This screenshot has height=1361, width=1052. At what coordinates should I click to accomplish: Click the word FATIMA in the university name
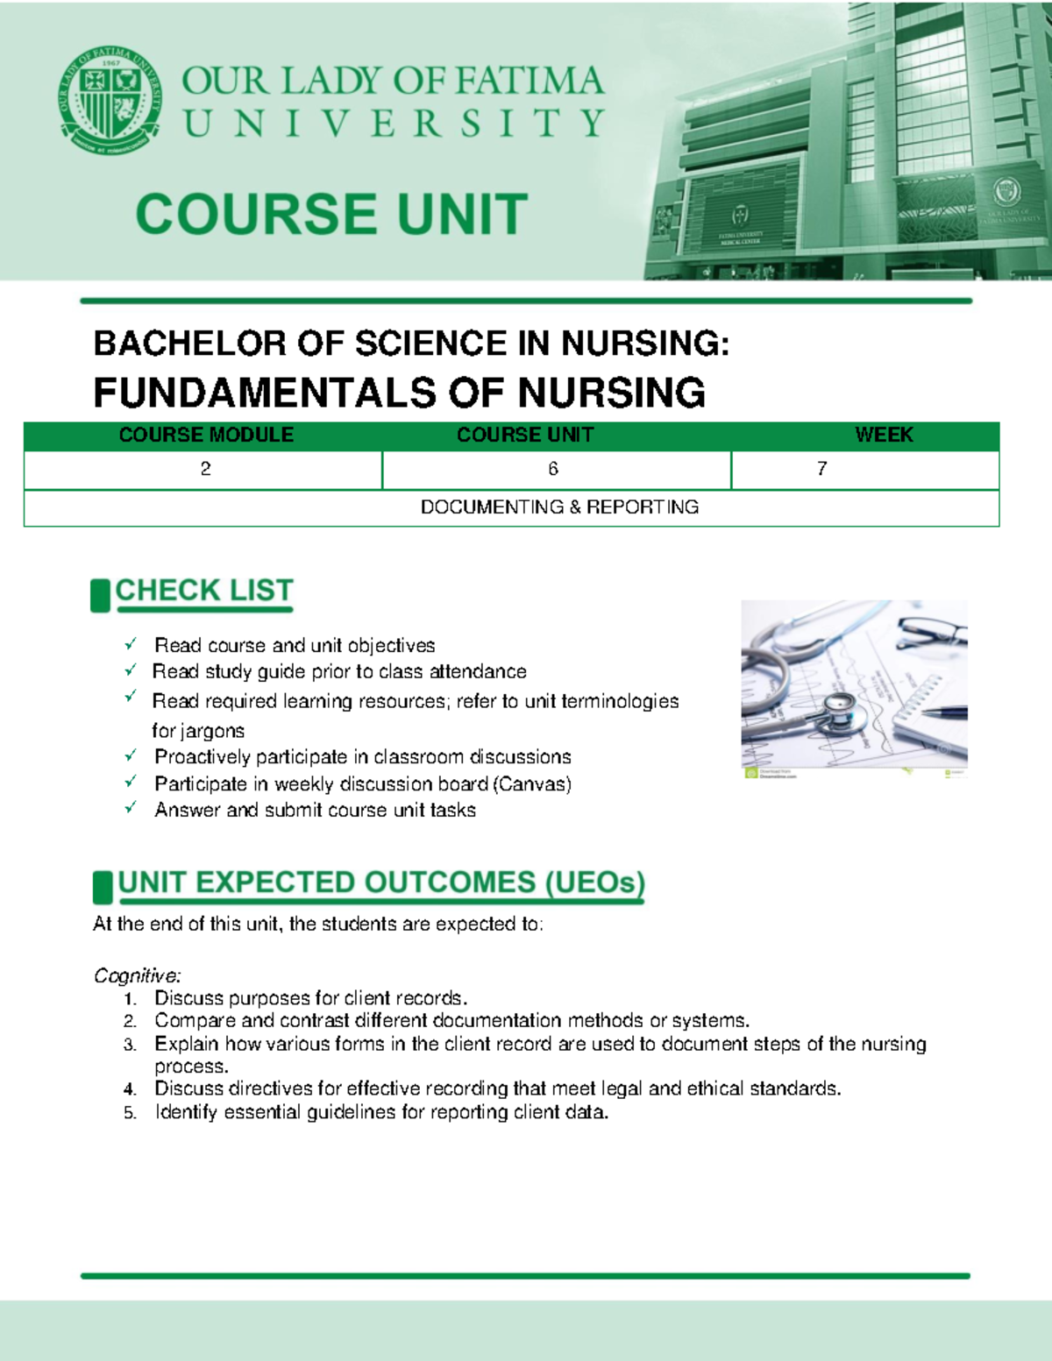click(x=529, y=81)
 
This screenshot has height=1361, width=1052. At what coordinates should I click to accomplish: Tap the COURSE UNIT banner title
click(x=331, y=215)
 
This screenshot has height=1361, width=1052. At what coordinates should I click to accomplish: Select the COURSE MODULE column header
click(x=206, y=436)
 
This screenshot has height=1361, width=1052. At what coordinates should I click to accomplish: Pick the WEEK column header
click(x=884, y=436)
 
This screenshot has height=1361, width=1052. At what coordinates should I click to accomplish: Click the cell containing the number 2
click(x=205, y=470)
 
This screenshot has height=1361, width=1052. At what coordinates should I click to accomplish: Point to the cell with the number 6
click(x=553, y=470)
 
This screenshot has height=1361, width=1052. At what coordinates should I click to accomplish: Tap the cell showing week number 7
click(x=821, y=470)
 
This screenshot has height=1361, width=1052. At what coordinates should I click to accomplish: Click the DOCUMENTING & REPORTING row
click(x=559, y=507)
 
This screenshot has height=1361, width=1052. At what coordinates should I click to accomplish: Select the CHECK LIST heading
click(x=203, y=591)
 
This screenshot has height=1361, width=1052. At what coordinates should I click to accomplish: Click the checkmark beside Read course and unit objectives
click(x=131, y=644)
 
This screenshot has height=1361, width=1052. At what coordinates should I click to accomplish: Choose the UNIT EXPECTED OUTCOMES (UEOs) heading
click(x=381, y=883)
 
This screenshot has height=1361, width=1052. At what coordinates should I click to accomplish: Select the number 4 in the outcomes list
click(x=130, y=1089)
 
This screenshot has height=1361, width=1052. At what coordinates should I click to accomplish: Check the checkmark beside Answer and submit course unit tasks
click(x=131, y=808)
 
